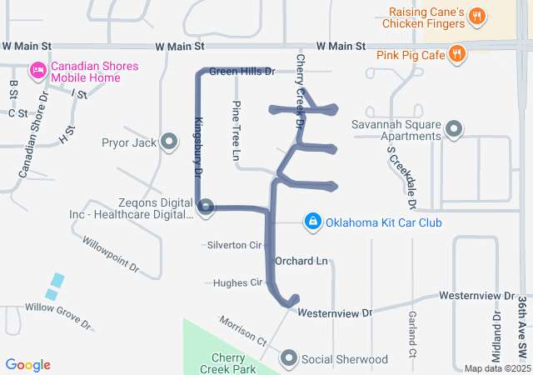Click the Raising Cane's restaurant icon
pyautogui.click(x=476, y=16)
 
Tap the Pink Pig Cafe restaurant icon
pyautogui.click(x=456, y=55)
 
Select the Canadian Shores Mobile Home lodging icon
pyautogui.click(x=37, y=69)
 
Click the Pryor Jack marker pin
pyautogui.click(x=169, y=142)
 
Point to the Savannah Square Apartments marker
pyautogui.click(x=454, y=129)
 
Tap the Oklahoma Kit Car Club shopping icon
pyautogui.click(x=312, y=222)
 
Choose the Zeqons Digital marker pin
pyautogui.click(x=206, y=207)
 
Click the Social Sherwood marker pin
pyautogui.click(x=289, y=359)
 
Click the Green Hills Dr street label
pyautogui.click(x=242, y=72)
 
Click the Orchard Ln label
pyautogui.click(x=301, y=261)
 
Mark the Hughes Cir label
pyautogui.click(x=238, y=282)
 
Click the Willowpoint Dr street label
pyautogui.click(x=110, y=255)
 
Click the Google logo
pyautogui.click(x=28, y=365)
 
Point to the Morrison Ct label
pyautogui.click(x=242, y=331)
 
